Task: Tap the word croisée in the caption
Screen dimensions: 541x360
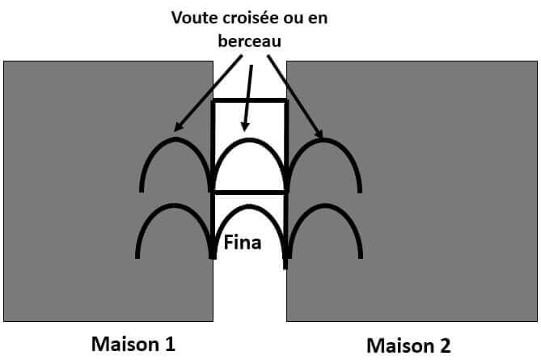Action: pyautogui.click(x=251, y=18)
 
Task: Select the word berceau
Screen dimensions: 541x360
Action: pyautogui.click(x=249, y=40)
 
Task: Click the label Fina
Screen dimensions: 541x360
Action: pyautogui.click(x=243, y=242)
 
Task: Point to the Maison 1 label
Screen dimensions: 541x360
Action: pyautogui.click(x=133, y=344)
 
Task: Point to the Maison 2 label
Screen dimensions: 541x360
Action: pyautogui.click(x=408, y=345)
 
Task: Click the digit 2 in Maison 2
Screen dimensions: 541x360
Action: pyautogui.click(x=445, y=345)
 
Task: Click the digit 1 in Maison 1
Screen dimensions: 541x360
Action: pyautogui.click(x=170, y=344)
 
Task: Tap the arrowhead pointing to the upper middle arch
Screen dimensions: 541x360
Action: pyautogui.click(x=245, y=127)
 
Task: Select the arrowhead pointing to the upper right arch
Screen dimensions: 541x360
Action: pyautogui.click(x=319, y=133)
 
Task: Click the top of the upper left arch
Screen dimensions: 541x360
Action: pyautogui.click(x=175, y=139)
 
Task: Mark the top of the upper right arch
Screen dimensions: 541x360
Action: pyautogui.click(x=324, y=140)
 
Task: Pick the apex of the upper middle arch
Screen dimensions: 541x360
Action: pyautogui.click(x=249, y=140)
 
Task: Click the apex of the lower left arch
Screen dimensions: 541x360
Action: pyautogui.click(x=174, y=205)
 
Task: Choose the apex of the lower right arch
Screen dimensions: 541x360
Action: pyautogui.click(x=324, y=206)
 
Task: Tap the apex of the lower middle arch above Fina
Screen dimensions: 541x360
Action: pyautogui.click(x=249, y=206)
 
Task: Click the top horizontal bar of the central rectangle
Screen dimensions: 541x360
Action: pyautogui.click(x=249, y=100)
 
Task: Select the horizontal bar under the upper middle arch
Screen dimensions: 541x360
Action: pyautogui.click(x=249, y=192)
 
